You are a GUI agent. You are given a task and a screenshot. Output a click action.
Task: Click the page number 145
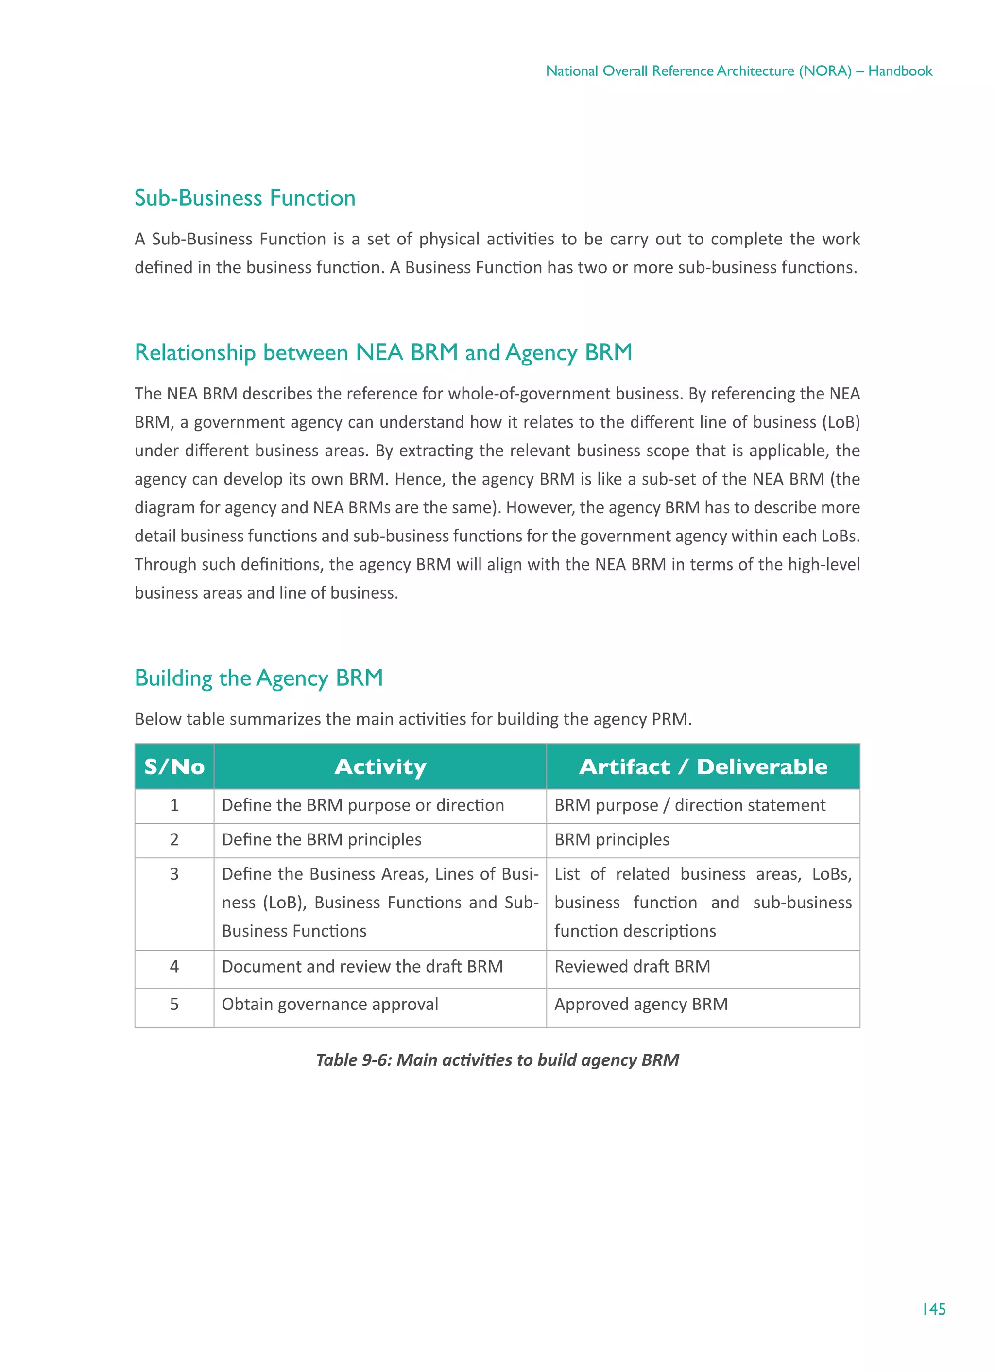933,1308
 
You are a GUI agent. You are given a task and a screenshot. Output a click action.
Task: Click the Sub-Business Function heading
244,198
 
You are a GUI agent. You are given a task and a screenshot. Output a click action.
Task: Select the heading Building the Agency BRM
259,677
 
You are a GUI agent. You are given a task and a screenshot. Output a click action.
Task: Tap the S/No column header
174,766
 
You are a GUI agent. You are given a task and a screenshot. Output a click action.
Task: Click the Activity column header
380,766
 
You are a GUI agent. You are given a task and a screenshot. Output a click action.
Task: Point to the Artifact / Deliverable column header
703,766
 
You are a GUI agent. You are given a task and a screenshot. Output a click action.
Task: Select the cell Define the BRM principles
321,840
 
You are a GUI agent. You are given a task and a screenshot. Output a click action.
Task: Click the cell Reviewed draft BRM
632,966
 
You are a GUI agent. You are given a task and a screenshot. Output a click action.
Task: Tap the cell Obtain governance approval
330,1004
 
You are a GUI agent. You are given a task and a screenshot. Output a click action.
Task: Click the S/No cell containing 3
174,874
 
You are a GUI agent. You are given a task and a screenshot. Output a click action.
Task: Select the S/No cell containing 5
174,1004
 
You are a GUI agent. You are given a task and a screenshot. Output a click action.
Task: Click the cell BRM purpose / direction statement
689,805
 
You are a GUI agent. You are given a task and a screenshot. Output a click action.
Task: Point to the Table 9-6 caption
497,1060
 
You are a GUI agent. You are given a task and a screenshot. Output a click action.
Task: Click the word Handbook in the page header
900,71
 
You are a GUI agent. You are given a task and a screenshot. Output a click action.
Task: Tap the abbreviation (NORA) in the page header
825,71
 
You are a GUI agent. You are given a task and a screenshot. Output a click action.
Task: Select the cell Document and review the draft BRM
362,966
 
